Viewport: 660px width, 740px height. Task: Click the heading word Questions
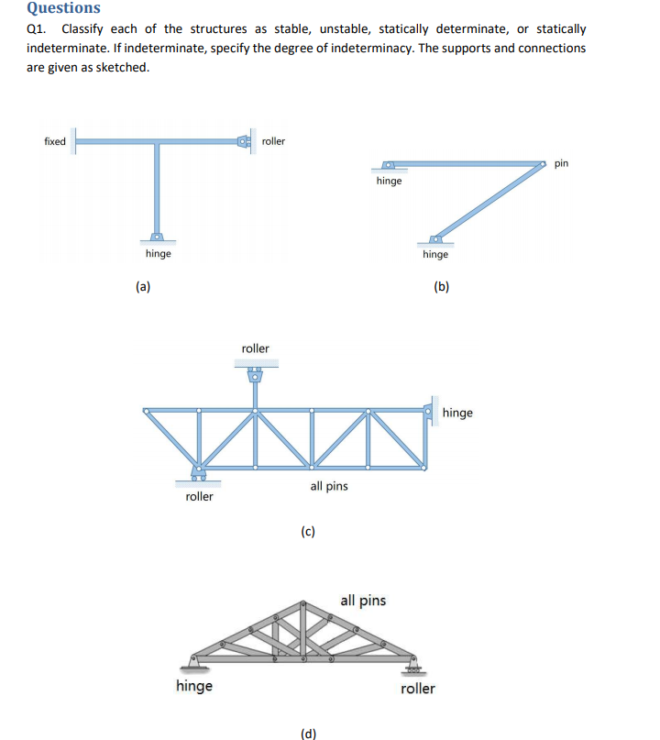(64, 8)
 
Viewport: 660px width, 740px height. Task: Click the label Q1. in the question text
(38, 29)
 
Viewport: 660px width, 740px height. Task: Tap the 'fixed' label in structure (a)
(55, 141)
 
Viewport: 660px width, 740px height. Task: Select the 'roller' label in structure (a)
(273, 141)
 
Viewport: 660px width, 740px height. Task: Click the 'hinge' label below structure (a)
(158, 253)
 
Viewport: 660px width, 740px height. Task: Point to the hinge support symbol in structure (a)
(158, 236)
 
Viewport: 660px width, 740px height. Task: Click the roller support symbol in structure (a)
(245, 141)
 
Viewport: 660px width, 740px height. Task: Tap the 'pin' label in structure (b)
(561, 163)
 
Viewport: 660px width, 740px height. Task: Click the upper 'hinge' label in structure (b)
(389, 181)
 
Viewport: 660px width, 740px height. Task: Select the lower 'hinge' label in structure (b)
(435, 254)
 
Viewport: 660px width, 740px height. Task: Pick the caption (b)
(442, 287)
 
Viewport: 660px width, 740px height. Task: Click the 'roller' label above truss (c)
(255, 348)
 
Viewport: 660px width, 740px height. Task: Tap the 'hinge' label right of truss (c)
(457, 413)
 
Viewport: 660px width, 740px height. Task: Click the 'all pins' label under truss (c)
(329, 486)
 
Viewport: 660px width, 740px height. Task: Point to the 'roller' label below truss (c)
(199, 496)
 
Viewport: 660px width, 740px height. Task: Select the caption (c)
(308, 531)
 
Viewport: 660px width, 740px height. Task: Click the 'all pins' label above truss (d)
(363, 601)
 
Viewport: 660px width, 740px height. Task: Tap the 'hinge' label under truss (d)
(194, 686)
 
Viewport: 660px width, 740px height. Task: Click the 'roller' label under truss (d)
(418, 688)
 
